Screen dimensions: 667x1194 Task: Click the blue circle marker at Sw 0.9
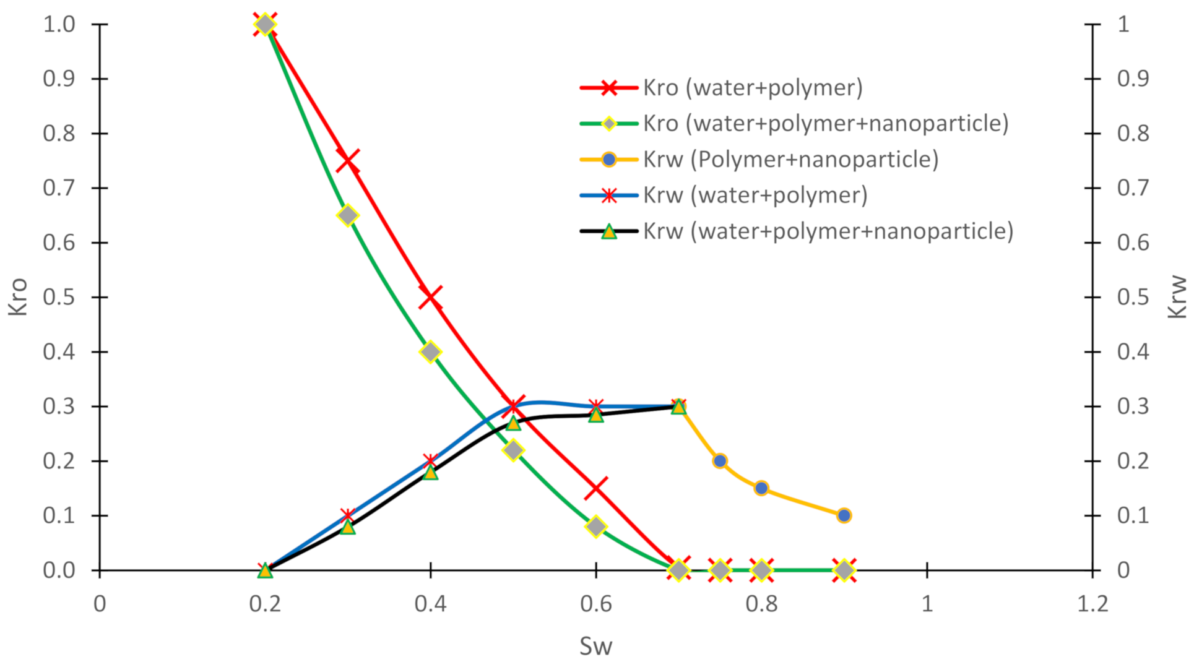[844, 515]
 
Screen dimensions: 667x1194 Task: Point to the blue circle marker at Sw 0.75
[720, 461]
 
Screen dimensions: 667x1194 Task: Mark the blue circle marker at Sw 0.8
[761, 488]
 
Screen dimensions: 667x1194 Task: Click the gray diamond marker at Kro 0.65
[348, 215]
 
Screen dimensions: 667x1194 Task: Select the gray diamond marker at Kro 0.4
[431, 352]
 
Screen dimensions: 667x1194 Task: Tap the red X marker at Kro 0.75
[348, 161]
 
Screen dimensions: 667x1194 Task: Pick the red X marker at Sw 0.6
[596, 488]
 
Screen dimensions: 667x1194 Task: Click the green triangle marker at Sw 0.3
[348, 527]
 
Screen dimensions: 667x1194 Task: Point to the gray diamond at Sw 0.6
[596, 527]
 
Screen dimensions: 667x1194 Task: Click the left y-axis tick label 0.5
[59, 297]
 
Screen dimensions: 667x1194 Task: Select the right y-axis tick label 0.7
[1132, 187]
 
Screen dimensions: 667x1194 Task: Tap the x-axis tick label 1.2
[1092, 604]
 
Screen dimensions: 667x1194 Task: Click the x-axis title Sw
[595, 647]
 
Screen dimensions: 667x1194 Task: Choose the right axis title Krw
[1177, 297]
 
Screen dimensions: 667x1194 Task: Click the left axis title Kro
[19, 297]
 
